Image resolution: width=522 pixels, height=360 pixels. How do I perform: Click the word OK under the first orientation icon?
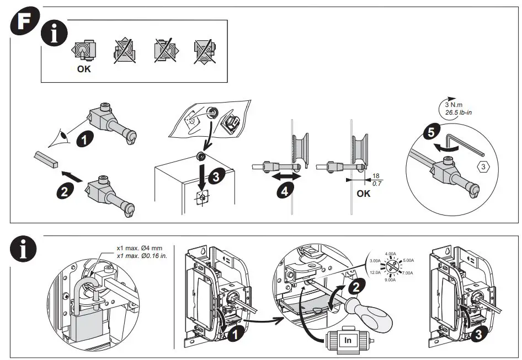[x=83, y=69]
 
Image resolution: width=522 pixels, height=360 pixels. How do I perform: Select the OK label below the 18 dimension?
[x=364, y=194]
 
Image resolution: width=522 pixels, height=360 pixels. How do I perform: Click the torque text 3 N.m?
[x=454, y=105]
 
